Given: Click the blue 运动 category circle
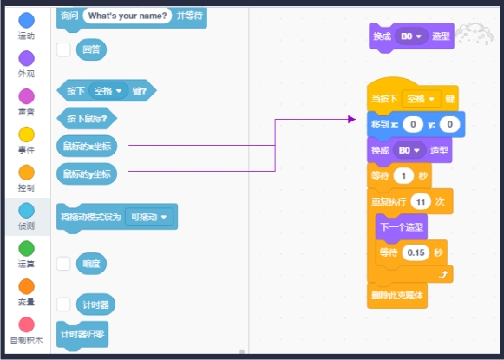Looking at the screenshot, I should (27, 20).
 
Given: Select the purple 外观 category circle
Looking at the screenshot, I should (27, 58).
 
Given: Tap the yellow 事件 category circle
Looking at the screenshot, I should (27, 134).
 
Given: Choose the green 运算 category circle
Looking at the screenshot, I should (27, 248).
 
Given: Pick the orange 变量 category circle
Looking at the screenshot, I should (27, 286).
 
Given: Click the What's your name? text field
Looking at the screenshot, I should (128, 16).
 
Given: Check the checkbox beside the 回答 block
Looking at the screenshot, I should (63, 49).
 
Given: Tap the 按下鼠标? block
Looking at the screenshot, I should (87, 117).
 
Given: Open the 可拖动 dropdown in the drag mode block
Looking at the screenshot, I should (149, 216).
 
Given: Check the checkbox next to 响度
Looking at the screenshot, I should (63, 263).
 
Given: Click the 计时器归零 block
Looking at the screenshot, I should (83, 334).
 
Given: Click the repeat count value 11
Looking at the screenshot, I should (420, 200).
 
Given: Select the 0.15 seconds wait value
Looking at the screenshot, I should (416, 252).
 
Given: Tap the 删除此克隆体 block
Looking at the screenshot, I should (398, 295).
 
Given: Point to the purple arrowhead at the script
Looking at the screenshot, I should (352, 119).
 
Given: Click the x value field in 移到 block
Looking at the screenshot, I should (414, 125).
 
